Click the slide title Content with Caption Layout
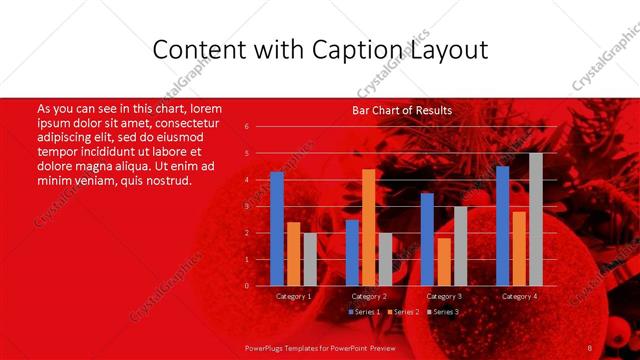click(320, 49)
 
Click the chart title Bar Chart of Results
click(402, 110)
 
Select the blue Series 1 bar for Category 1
click(277, 229)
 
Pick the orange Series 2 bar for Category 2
click(368, 228)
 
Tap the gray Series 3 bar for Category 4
click(536, 220)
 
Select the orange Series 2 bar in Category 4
click(519, 249)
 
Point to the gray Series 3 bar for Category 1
click(310, 259)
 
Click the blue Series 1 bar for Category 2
click(352, 253)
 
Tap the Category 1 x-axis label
click(293, 296)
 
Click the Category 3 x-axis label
click(444, 296)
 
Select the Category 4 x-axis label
click(519, 296)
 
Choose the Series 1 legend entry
click(363, 312)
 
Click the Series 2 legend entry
click(405, 312)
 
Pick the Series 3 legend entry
click(445, 312)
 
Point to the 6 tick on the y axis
click(246, 127)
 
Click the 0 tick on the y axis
click(246, 286)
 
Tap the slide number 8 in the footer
click(590, 347)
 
